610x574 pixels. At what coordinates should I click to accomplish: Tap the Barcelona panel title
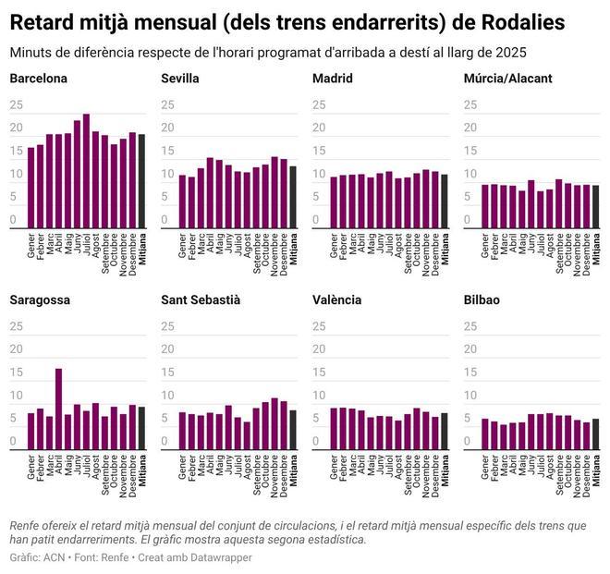[38, 79]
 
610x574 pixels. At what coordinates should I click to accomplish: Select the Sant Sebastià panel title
[201, 300]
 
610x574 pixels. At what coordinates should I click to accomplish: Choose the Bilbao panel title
[482, 300]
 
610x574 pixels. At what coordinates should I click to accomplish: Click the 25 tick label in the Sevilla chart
[168, 104]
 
